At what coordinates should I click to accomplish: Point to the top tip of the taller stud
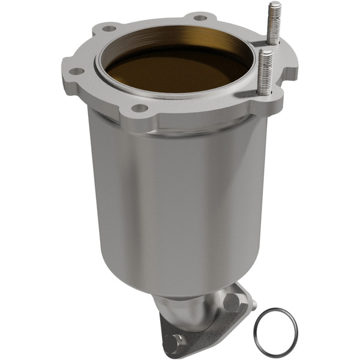pos(274,4)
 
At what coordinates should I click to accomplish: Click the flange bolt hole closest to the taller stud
pos(202,17)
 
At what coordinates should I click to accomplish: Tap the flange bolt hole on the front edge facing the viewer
pos(139,109)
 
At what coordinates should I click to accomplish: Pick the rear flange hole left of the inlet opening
pos(109,28)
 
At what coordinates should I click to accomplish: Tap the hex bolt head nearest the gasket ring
pos(232,302)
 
